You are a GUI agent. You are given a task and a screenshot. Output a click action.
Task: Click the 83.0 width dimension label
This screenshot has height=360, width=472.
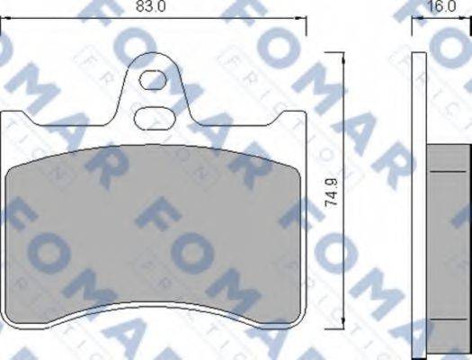(x=156, y=6)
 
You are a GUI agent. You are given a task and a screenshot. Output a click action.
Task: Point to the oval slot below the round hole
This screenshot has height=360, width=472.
(x=154, y=116)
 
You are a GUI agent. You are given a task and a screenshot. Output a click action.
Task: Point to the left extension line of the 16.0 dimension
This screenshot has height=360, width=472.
(x=413, y=27)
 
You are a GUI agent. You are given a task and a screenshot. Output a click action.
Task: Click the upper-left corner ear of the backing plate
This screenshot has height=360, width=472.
(x=11, y=117)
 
